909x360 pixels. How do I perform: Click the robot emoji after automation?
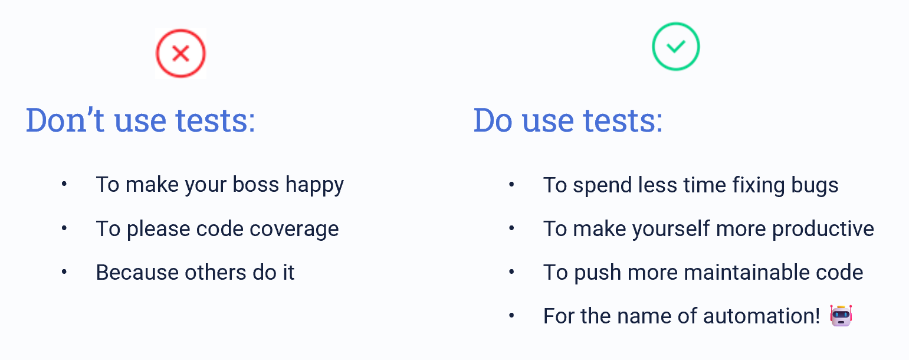coord(841,315)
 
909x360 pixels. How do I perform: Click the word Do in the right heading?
coord(493,120)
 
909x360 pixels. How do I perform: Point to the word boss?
coord(255,185)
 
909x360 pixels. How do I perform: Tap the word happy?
coord(314,186)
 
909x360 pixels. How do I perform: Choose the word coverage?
coord(294,230)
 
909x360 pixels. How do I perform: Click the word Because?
coord(137,272)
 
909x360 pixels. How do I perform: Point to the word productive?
coord(823,230)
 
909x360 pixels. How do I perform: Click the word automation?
coord(762,316)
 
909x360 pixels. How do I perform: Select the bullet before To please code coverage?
coord(64,228)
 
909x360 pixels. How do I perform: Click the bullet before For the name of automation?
coord(511,315)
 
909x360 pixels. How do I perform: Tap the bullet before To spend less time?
coord(511,185)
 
